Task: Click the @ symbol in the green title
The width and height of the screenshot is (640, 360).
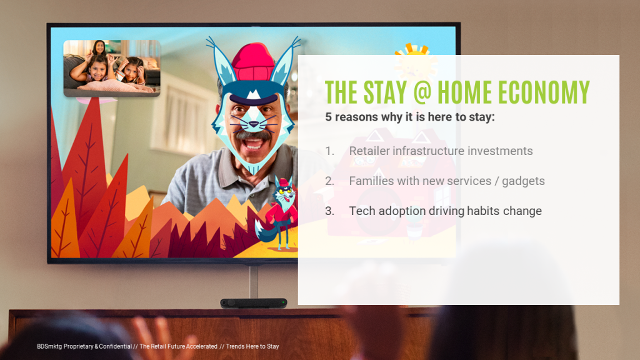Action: click(422, 92)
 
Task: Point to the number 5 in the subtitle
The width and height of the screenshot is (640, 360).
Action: click(328, 117)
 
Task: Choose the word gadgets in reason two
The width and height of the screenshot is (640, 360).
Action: click(523, 181)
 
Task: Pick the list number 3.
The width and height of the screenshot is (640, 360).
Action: click(329, 211)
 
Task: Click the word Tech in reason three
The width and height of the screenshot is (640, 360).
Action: click(362, 211)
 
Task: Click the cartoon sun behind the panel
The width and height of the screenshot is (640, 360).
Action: click(415, 61)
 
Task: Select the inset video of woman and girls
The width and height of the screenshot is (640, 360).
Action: click(112, 68)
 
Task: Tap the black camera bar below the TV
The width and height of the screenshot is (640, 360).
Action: click(254, 303)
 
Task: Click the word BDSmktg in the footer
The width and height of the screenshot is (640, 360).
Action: click(49, 346)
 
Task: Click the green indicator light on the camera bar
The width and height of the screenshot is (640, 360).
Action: click(283, 302)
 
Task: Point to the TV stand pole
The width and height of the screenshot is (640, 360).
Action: click(254, 281)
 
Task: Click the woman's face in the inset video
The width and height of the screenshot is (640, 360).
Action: click(99, 47)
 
